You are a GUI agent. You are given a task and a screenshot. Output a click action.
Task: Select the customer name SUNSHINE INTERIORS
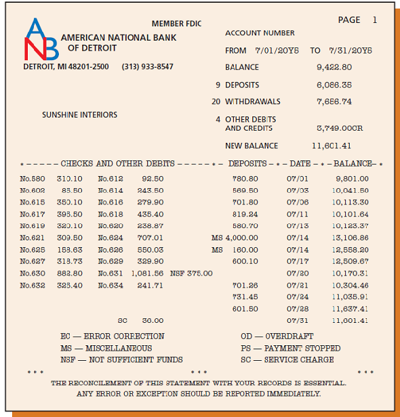point(79,115)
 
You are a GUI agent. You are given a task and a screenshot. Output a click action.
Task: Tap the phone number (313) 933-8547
point(147,67)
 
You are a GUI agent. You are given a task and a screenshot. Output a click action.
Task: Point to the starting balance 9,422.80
point(334,67)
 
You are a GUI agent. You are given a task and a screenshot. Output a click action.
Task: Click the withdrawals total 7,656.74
point(334,102)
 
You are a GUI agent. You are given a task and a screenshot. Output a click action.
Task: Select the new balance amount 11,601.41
point(332,146)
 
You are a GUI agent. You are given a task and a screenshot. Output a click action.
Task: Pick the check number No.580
point(33,179)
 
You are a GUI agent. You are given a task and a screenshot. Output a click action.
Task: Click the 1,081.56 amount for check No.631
point(148,273)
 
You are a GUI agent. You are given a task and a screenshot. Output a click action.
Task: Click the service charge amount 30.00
point(152,320)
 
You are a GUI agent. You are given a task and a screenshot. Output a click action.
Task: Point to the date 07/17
point(298,261)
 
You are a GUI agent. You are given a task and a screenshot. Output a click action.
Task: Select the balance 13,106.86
point(351,238)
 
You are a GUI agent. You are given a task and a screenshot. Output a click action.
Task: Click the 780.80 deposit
point(245,179)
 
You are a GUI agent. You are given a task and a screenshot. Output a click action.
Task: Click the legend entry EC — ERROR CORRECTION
point(113,336)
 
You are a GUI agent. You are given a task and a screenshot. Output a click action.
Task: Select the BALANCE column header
point(353,164)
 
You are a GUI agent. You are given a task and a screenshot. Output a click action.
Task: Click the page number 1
point(375,20)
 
